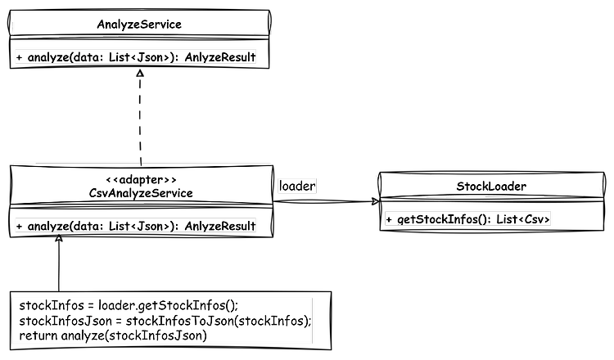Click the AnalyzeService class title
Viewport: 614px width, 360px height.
coord(139,25)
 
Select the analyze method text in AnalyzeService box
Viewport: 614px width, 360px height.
coord(136,57)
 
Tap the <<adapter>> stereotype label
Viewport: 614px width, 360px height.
coord(141,180)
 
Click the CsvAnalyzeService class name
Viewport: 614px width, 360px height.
coord(141,193)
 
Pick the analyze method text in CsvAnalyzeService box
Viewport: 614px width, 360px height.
coord(136,226)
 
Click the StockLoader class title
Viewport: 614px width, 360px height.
coord(491,187)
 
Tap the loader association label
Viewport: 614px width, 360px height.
coord(297,186)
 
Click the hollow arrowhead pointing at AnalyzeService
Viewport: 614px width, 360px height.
coord(140,73)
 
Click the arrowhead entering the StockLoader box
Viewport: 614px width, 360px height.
coord(376,201)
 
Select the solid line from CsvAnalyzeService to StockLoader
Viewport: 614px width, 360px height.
coord(326,201)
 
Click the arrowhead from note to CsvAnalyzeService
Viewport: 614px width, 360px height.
coord(59,238)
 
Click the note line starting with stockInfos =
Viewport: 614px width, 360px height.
coord(129,305)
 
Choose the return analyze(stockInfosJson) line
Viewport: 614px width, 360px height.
coord(113,335)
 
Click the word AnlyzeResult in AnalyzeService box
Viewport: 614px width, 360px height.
coord(220,57)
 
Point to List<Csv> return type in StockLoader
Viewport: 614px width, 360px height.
coord(523,219)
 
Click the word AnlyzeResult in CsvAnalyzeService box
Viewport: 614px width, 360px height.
coord(220,226)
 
